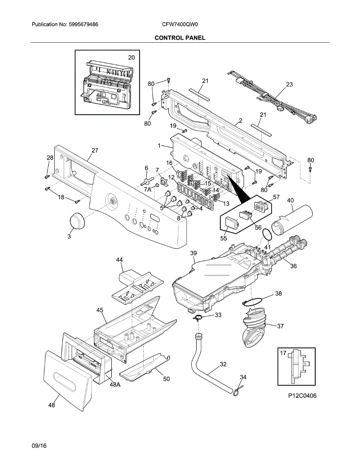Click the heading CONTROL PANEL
click(x=180, y=38)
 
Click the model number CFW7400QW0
click(x=180, y=24)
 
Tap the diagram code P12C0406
click(x=303, y=396)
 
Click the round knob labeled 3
click(x=77, y=221)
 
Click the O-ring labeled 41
click(x=266, y=235)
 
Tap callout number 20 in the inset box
click(x=132, y=57)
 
